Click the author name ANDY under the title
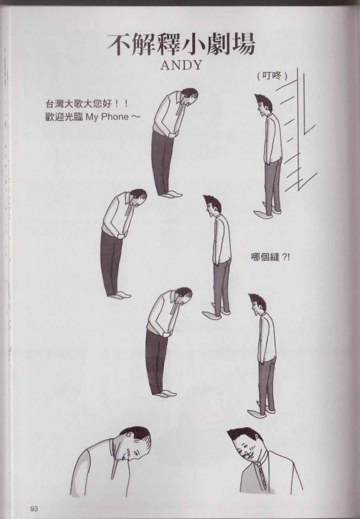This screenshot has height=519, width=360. click(181, 66)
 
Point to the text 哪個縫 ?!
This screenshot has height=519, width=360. click(271, 257)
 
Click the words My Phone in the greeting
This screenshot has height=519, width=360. click(107, 117)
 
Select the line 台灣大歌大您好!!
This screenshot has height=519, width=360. click(87, 104)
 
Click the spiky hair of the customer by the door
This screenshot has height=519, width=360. click(265, 101)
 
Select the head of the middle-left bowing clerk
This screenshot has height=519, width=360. click(138, 198)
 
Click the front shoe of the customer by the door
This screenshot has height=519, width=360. click(261, 214)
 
